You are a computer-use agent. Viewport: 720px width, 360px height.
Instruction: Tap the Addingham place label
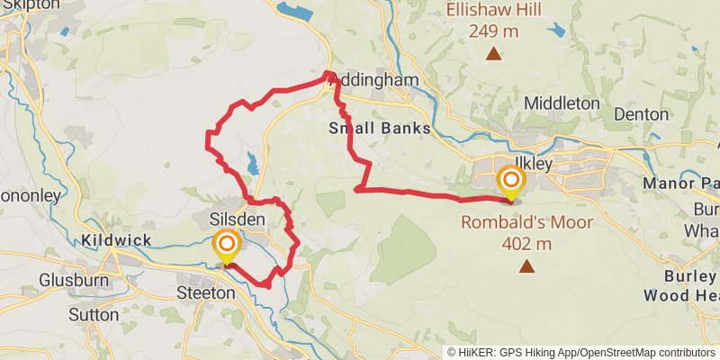coord(379,81)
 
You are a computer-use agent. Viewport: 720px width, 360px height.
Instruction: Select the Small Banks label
coord(379,129)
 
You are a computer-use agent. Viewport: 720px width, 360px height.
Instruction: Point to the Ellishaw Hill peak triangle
coord(493,54)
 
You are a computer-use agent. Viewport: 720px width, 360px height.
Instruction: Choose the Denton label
coord(641,114)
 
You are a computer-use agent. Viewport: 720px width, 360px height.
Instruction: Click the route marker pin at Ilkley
coord(510,180)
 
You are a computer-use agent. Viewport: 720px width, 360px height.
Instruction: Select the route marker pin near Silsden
coord(226,247)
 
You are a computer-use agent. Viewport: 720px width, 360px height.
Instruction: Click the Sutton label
coord(93,315)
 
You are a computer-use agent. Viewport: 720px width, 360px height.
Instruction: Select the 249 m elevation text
coord(492,31)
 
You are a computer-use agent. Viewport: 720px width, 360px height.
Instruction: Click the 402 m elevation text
coord(526,243)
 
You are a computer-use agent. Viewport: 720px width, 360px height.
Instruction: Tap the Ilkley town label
coord(530,165)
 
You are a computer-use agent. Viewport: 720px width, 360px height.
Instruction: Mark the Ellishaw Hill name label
coord(492,12)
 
